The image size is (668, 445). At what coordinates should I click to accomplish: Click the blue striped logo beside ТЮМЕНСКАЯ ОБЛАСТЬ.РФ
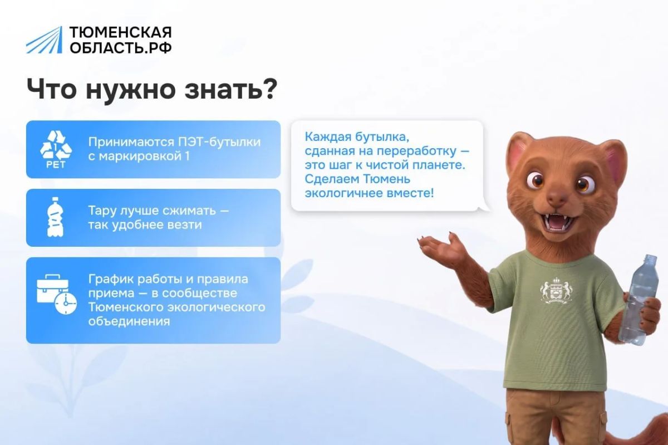pyautogui.click(x=45, y=40)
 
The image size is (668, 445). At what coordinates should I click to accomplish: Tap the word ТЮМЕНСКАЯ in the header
pyautogui.click(x=121, y=32)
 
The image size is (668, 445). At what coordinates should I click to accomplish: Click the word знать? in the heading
pyautogui.click(x=231, y=89)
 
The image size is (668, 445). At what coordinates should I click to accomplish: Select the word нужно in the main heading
pyautogui.click(x=131, y=91)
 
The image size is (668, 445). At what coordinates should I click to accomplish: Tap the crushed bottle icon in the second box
pyautogui.click(x=55, y=217)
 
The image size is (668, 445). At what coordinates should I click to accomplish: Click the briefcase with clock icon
pyautogui.click(x=57, y=294)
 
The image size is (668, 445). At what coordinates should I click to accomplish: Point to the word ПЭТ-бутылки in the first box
pyautogui.click(x=219, y=142)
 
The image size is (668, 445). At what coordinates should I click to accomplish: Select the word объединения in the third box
pyautogui.click(x=129, y=321)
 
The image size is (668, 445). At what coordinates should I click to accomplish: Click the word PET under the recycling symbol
pyautogui.click(x=56, y=165)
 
